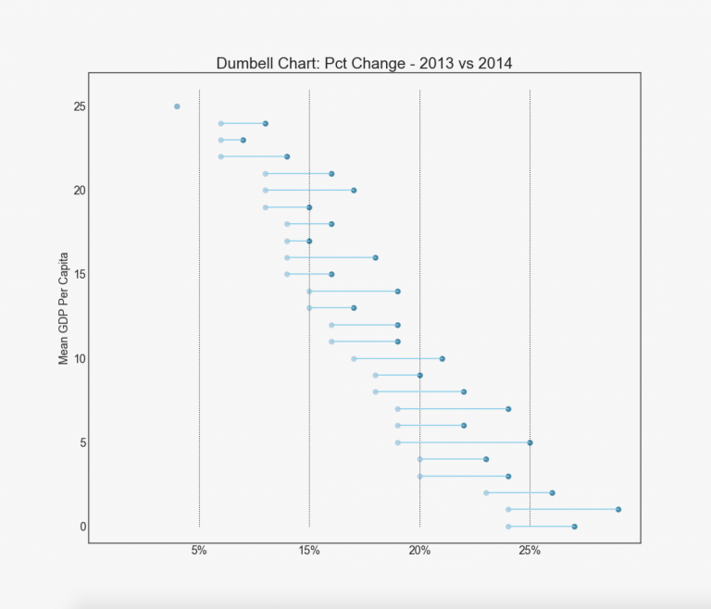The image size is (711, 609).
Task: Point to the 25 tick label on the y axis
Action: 81,106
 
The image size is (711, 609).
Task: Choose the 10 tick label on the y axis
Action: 81,358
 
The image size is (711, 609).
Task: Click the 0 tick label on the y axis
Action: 83,527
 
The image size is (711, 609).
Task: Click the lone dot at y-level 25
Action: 177,106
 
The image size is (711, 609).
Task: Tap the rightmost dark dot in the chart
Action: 618,509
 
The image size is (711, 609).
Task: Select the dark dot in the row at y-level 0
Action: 574,527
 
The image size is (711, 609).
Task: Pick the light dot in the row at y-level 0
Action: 508,527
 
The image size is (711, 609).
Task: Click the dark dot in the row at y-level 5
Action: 530,442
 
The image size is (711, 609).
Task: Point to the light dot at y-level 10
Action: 354,358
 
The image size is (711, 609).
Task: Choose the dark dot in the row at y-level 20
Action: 354,190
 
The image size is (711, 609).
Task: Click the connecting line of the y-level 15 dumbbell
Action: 309,274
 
